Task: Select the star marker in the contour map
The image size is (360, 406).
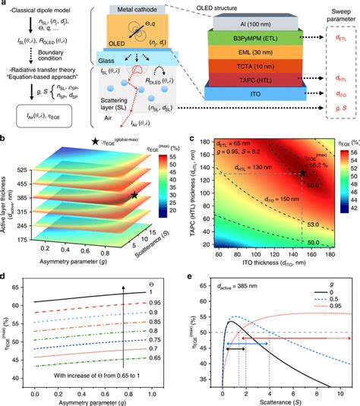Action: (x=302, y=174)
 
